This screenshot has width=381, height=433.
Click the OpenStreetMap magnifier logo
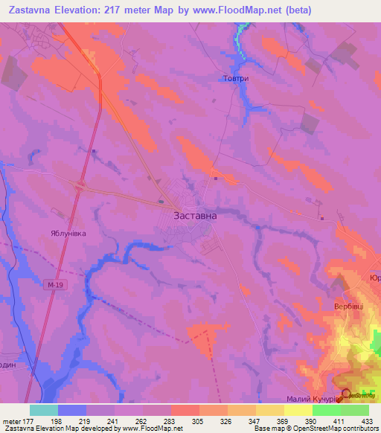pyautogui.click(x=346, y=394)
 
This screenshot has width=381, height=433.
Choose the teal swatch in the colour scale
pyautogui.click(x=43, y=410)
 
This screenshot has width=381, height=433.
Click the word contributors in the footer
pyautogui.click(x=359, y=429)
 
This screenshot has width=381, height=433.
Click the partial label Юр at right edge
pyautogui.click(x=375, y=278)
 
